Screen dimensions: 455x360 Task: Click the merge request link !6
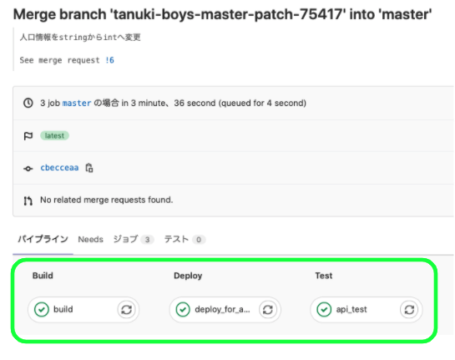tap(109, 60)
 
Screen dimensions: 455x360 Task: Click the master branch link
tap(77, 104)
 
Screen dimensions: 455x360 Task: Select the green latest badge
tap(54, 135)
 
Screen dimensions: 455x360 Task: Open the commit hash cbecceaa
tap(59, 168)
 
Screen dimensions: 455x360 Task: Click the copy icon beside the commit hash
tap(89, 168)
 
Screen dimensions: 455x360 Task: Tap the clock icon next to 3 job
tap(28, 103)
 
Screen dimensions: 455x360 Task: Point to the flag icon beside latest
tap(28, 136)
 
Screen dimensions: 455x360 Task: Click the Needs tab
tap(90, 240)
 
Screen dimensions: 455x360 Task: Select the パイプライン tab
tap(43, 239)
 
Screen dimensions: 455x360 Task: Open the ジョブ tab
tap(126, 239)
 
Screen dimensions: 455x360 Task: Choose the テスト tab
tap(176, 239)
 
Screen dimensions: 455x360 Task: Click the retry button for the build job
tap(127, 310)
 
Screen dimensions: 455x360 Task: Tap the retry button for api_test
tap(409, 310)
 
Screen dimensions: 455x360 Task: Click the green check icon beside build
tap(42, 310)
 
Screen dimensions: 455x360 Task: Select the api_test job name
tap(351, 310)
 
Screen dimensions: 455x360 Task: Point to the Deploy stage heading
tap(188, 276)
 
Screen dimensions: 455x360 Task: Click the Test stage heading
tap(324, 276)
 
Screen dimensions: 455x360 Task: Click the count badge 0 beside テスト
tap(199, 240)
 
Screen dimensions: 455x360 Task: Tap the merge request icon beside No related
tap(28, 200)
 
